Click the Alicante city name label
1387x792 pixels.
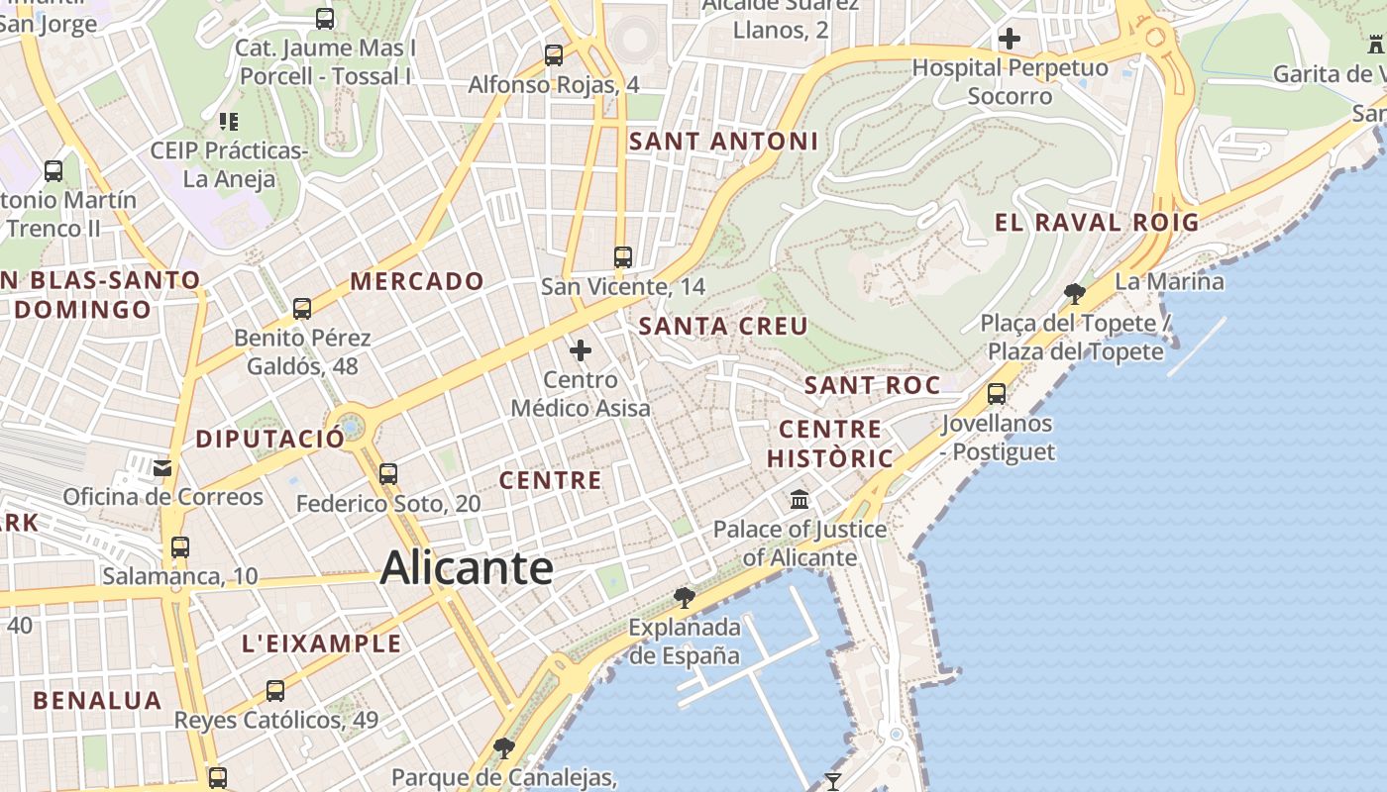(466, 567)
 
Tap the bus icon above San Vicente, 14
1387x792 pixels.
(622, 257)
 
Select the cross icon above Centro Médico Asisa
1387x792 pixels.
(581, 349)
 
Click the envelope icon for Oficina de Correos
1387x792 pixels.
(161, 467)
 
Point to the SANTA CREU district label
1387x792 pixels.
(723, 326)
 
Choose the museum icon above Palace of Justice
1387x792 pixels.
(800, 500)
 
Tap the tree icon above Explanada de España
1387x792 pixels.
(684, 597)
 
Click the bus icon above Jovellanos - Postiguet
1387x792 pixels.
(997, 393)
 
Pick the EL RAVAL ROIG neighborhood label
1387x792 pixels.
(1097, 222)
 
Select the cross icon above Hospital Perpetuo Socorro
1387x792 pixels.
(1010, 39)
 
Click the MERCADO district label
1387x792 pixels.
(417, 281)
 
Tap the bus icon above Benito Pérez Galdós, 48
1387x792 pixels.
(302, 308)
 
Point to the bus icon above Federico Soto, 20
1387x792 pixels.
(388, 474)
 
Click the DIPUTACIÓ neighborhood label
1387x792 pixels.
(270, 438)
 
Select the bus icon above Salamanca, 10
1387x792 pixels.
(179, 546)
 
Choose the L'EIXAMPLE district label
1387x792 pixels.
(322, 643)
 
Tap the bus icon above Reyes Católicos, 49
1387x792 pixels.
(275, 690)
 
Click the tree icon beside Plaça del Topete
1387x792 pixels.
(1074, 293)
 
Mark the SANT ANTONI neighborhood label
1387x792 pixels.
(724, 142)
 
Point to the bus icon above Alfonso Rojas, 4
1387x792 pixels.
(554, 54)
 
